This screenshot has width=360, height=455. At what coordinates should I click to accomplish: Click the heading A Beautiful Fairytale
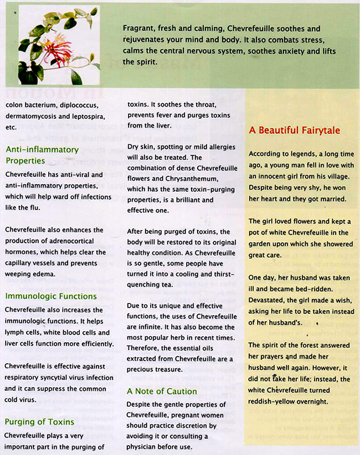coord(294,130)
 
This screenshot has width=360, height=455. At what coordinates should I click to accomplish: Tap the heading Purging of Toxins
coord(39,422)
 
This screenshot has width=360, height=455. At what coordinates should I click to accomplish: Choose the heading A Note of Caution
coord(162,391)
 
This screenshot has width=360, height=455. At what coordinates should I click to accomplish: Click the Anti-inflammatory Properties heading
coord(42,155)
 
